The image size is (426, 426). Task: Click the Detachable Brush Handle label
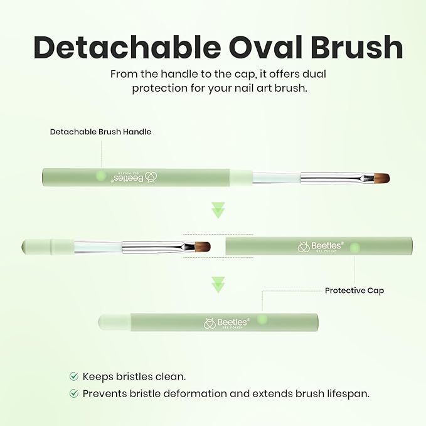pyautogui.click(x=100, y=132)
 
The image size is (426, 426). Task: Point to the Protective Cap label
pyautogui.click(x=354, y=290)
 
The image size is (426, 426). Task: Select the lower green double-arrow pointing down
pyautogui.click(x=218, y=285)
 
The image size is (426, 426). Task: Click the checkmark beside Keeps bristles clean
pyautogui.click(x=74, y=376)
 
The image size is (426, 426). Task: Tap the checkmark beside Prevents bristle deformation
pyautogui.click(x=74, y=393)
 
